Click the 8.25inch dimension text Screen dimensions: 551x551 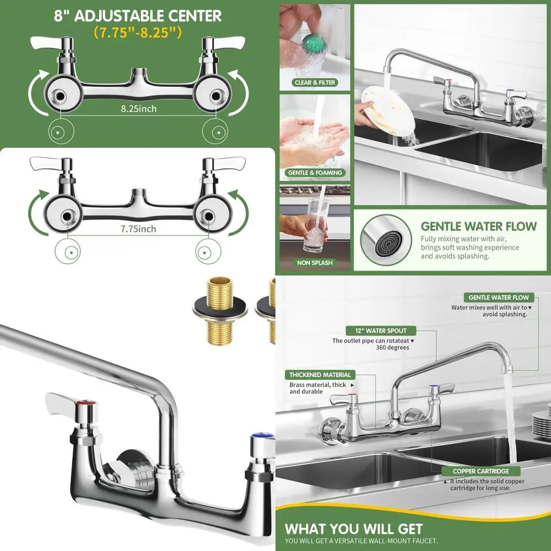(139, 109)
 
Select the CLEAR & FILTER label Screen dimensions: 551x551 (314, 83)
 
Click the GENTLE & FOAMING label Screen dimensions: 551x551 (315, 172)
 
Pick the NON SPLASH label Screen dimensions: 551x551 (315, 263)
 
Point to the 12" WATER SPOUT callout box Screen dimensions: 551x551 (381, 331)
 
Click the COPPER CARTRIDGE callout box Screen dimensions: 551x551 (480, 471)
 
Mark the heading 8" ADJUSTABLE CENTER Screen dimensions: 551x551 (137, 15)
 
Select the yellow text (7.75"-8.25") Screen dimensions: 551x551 (137, 33)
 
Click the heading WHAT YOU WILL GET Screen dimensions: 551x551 (354, 530)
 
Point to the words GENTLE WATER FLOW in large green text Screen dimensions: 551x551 (478, 226)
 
